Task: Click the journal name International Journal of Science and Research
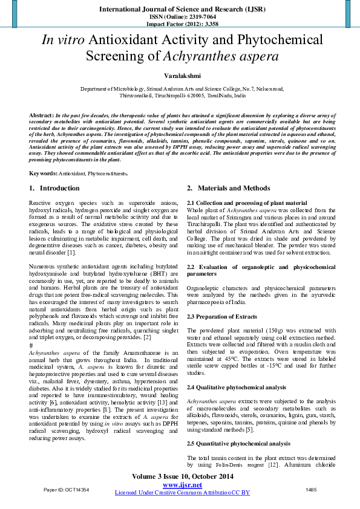coord(180,10)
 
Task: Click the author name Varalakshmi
coord(180,77)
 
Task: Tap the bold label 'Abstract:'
coord(41,115)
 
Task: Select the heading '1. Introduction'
coord(54,188)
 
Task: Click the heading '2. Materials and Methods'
coord(228,188)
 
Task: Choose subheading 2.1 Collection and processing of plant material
coord(247,203)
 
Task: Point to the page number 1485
coord(311,489)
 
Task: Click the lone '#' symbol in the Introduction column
coord(31,345)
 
